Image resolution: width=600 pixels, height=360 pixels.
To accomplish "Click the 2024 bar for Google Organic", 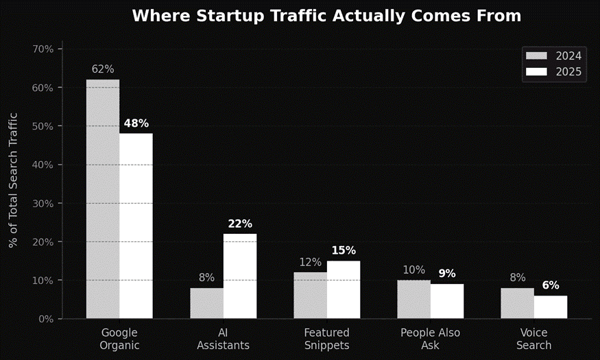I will [103, 199].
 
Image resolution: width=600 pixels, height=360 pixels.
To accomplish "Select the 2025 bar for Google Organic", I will [136, 226].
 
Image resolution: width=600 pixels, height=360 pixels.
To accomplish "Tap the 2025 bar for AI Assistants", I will [240, 276].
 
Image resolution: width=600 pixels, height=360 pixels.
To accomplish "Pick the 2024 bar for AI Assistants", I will [206, 303].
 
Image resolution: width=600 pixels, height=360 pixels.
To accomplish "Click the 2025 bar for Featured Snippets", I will [344, 289].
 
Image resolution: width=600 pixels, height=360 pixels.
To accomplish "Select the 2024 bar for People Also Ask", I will [414, 299].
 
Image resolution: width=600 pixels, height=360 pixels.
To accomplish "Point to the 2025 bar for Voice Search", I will [551, 307].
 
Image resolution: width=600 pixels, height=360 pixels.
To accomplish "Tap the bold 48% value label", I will [136, 123].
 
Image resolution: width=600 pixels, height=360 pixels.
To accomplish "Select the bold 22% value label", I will [240, 224].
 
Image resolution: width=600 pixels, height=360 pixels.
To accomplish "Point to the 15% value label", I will [344, 250].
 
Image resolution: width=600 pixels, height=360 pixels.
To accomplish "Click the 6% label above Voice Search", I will [551, 285].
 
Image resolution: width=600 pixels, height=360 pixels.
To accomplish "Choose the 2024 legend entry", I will [553, 56].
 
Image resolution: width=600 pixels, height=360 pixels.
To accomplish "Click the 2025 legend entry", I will [553, 72].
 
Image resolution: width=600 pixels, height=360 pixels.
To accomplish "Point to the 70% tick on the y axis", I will [43, 49].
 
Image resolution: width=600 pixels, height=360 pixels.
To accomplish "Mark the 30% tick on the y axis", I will [43, 204].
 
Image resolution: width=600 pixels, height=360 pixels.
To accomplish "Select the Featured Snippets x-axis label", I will [326, 339].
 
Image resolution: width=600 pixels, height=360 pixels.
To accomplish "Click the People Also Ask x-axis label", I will [431, 339].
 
